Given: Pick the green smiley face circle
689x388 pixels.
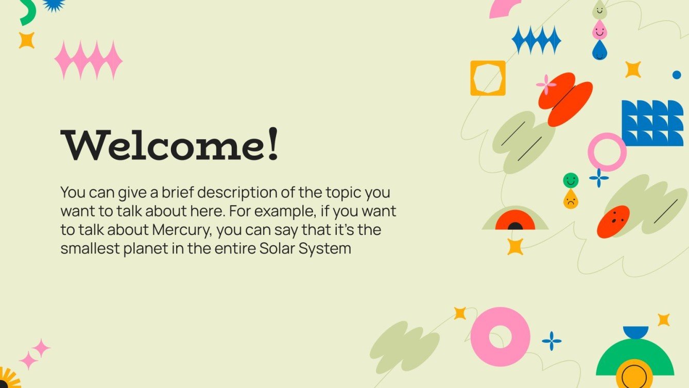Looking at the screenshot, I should click(571, 180).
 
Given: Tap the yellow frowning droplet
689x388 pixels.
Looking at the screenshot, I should click(570, 200).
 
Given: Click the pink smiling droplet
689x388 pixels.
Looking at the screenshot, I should click(599, 31).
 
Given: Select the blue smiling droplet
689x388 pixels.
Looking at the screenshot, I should click(599, 51).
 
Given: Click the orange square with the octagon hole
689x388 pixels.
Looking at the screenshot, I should click(488, 78).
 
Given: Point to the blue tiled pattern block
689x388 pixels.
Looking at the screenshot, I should click(652, 123).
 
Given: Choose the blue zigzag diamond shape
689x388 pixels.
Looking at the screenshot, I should click(536, 40).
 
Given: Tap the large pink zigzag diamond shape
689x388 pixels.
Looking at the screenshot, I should click(89, 60).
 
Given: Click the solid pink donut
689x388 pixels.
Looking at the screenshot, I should click(500, 337).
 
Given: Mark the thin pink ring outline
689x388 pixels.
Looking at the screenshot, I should click(607, 152).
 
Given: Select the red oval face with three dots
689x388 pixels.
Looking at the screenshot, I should click(613, 222).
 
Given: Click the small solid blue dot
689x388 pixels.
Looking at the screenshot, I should click(677, 75).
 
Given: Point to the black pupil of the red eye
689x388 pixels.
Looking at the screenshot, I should click(515, 226).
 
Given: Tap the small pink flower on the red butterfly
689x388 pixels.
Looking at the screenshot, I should click(546, 85).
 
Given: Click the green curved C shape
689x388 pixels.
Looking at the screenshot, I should click(28, 13).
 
